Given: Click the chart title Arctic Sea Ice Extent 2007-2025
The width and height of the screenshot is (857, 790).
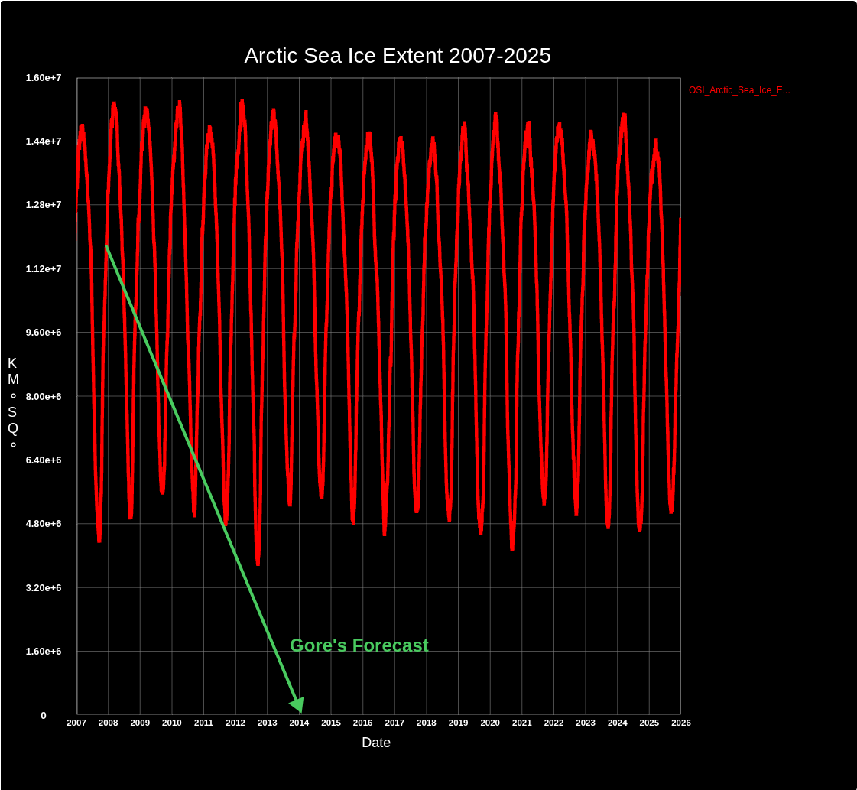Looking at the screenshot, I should coord(398,56).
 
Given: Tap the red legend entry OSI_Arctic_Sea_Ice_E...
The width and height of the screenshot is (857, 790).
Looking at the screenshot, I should coord(739,90).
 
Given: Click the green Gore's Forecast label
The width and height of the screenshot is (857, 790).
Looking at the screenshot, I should coord(359,645).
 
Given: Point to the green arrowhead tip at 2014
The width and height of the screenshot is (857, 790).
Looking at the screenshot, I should coord(300,711).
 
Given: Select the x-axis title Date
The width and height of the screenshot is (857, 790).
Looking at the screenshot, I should coord(376,743).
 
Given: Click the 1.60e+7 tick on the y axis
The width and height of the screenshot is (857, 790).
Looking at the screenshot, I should coord(44,78).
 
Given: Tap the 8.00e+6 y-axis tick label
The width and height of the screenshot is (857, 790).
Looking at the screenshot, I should coord(44,396).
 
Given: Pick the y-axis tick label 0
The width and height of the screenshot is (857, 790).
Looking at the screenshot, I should coord(44,716).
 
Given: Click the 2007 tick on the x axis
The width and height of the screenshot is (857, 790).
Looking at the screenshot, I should coord(76,723).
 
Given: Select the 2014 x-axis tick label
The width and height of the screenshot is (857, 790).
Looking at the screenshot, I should coord(299,723).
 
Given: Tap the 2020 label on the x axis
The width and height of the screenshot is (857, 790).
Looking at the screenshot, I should coord(490,723).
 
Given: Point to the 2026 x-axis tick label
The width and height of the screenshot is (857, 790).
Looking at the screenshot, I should coord(680,723).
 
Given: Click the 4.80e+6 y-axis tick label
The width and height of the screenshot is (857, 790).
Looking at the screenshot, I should coord(44,524).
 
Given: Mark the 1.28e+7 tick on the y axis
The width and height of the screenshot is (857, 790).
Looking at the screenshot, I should coord(44,205).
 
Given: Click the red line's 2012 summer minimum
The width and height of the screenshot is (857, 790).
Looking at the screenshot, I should coord(258,563).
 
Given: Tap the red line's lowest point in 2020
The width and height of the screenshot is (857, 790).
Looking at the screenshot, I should coord(512,548).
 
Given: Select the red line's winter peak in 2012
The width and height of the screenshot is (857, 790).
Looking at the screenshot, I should coord(242,102).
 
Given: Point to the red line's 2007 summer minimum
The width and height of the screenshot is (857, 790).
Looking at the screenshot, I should coord(99,540).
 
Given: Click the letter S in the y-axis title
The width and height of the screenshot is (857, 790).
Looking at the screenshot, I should coord(12,412).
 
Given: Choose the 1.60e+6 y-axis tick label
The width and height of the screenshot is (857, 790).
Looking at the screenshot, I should coord(44,652).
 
